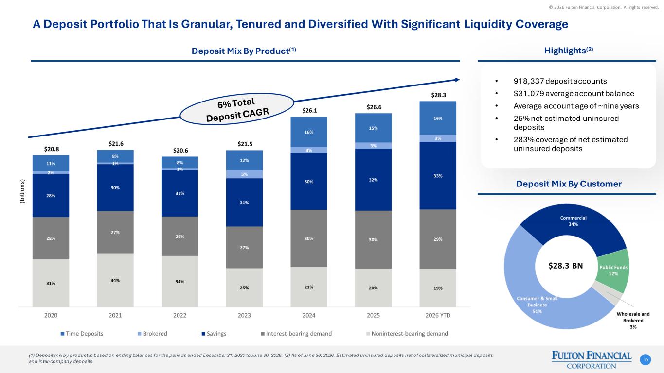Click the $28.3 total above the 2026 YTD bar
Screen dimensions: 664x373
tap(438, 95)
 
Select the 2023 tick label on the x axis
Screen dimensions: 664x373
tap(244, 316)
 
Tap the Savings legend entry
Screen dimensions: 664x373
tap(214, 334)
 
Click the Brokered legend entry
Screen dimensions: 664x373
tap(152, 334)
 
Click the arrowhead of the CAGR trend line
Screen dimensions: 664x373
tap(457, 80)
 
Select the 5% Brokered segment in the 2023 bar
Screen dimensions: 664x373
tap(244, 174)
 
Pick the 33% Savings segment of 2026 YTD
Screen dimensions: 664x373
tap(438, 176)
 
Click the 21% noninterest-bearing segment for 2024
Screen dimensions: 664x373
tap(309, 287)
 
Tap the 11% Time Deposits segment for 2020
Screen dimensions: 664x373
tap(51, 163)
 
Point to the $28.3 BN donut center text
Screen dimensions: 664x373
tap(566, 266)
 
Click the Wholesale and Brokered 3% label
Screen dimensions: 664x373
tap(633, 321)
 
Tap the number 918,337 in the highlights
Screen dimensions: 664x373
tap(529, 81)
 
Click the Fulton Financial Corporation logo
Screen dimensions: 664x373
tap(592, 360)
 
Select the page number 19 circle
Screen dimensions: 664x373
tap(646, 360)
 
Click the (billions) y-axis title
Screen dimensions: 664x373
tap(22, 191)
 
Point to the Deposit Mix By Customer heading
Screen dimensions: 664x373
tap(569, 184)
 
